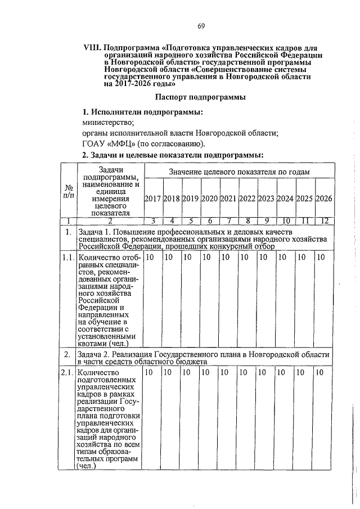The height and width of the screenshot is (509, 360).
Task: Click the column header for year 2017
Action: point(153,198)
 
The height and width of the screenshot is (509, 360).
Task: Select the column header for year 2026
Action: point(325,198)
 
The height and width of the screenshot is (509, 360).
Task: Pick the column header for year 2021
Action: point(229,198)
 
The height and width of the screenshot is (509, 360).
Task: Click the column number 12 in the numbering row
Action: point(325,220)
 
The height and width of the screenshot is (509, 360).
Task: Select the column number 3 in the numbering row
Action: point(153,220)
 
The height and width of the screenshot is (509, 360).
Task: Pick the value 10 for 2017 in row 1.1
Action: point(150,257)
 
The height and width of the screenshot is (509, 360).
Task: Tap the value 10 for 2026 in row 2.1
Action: point(320,372)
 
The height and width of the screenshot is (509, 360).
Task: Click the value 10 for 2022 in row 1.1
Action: point(245,257)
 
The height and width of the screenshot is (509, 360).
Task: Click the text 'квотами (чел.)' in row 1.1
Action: point(103,343)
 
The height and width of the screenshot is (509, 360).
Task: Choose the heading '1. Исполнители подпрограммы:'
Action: point(142,111)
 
